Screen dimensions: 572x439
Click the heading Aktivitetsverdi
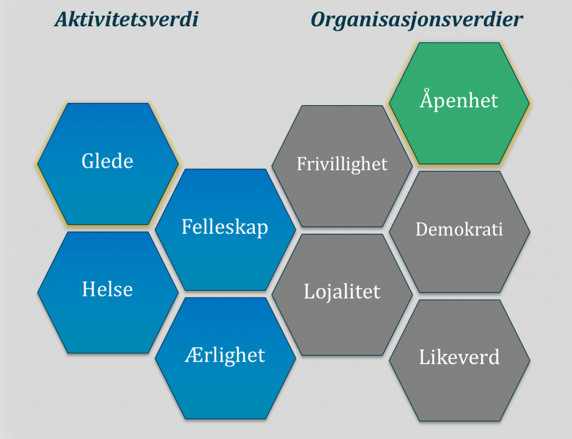[x=126, y=20]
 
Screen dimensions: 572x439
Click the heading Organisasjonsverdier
[x=417, y=20]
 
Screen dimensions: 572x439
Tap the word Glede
[x=107, y=161]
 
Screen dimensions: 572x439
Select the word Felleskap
[x=225, y=227]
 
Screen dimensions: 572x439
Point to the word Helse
[x=107, y=289]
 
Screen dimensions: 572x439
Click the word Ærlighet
[x=225, y=355]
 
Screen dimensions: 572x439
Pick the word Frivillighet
[x=342, y=164]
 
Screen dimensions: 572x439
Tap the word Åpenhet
[x=459, y=99]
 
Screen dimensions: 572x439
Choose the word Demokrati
[x=459, y=229]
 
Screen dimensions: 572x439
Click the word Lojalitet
[x=342, y=292]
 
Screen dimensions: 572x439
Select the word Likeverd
[x=459, y=357]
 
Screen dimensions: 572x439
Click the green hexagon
[x=459, y=103]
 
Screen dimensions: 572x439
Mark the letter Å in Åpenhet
[x=427, y=98]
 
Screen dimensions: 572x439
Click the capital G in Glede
[x=89, y=161]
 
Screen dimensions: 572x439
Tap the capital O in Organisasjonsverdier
[x=319, y=20]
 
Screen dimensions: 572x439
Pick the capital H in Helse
[x=90, y=289]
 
